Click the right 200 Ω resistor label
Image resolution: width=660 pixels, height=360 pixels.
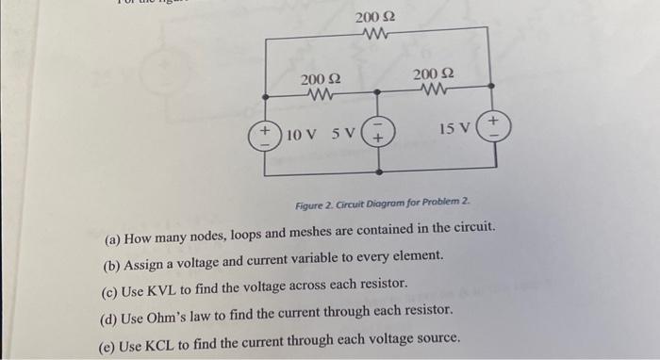click(x=435, y=74)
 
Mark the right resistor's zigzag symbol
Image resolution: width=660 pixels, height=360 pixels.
click(x=435, y=91)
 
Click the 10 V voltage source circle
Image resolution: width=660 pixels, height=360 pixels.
click(x=266, y=135)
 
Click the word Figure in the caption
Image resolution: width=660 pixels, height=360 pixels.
click(x=310, y=205)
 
